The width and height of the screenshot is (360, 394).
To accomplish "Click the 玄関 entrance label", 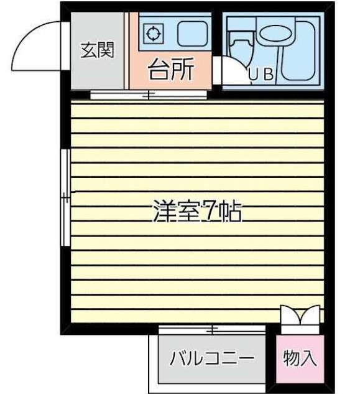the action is point(98,50).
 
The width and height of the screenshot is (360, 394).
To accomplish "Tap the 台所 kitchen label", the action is point(171,69).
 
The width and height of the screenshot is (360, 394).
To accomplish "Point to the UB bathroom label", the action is point(261,74).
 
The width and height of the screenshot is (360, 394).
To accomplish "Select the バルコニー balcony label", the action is point(212,358).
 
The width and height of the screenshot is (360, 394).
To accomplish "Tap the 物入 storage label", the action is point(300,358).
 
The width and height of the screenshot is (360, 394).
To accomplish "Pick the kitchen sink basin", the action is point(193,34).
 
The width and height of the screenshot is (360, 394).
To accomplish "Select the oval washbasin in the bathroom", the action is point(276,34).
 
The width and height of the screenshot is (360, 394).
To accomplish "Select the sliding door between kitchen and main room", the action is point(149,95).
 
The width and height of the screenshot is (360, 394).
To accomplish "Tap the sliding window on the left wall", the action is point(66,197).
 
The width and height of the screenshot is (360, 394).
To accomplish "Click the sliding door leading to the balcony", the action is point(212,329).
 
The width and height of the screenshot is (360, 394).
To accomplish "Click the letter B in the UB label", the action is point(269,74).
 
